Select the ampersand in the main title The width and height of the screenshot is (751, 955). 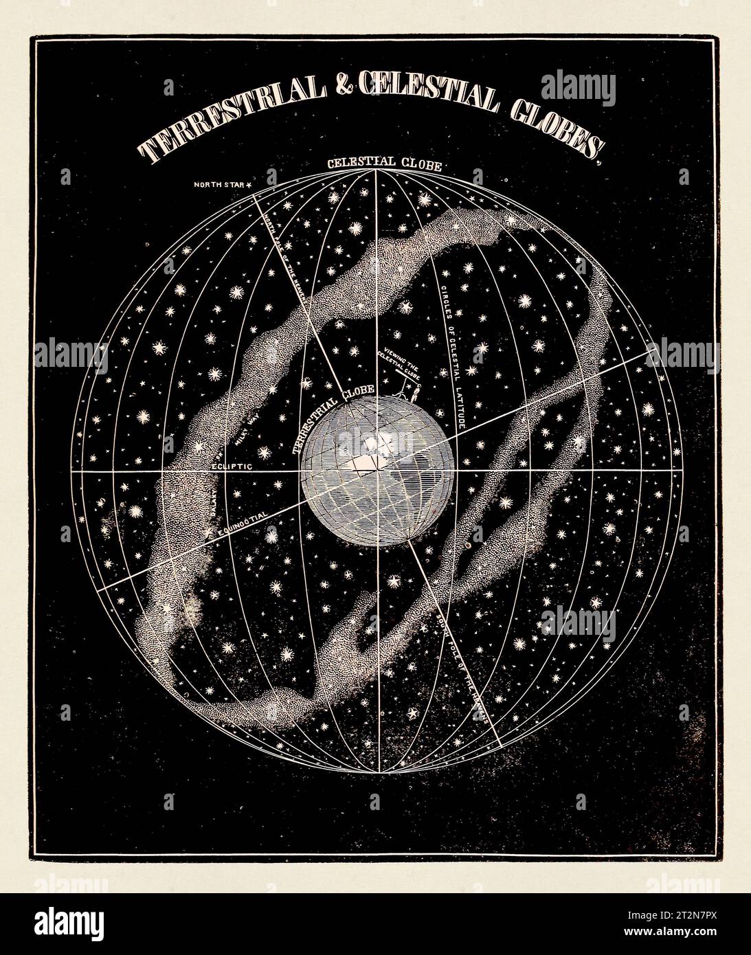341,100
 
